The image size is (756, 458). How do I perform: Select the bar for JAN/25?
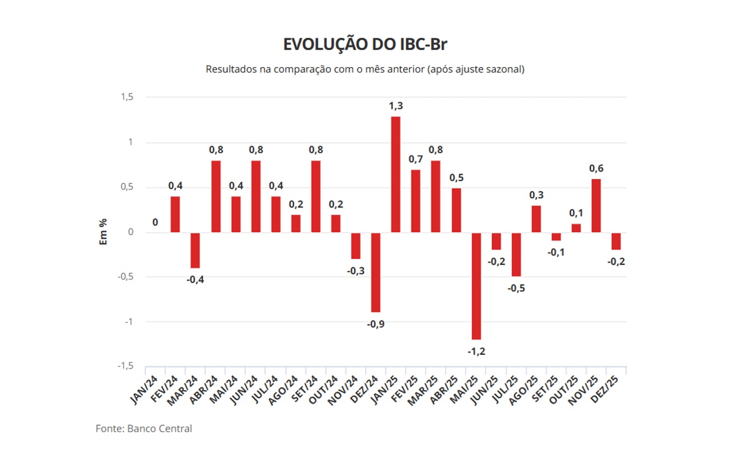(x=396, y=174)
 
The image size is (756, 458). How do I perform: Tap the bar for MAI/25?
(x=476, y=286)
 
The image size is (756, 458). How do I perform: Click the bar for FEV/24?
(x=175, y=214)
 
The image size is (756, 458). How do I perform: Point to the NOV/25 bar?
(x=596, y=206)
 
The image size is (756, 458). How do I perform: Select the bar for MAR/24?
(x=195, y=250)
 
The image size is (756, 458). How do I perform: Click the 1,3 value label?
(x=396, y=106)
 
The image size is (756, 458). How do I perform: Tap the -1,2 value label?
(x=476, y=352)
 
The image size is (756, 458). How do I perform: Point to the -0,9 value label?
(x=376, y=324)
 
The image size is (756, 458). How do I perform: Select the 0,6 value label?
(x=596, y=168)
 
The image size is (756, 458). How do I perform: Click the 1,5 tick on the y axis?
(x=127, y=97)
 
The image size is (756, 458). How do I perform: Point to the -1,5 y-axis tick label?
(x=125, y=366)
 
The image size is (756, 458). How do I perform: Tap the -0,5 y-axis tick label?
(x=125, y=277)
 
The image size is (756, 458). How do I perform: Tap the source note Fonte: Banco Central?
(x=144, y=428)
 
